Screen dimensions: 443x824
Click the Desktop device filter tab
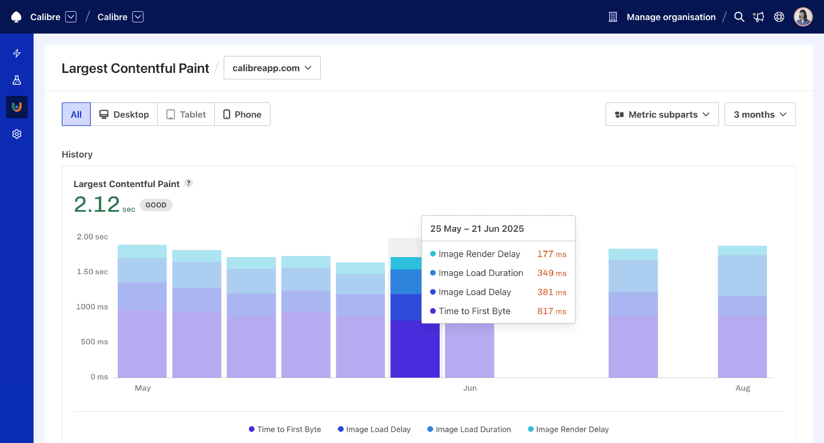tap(124, 115)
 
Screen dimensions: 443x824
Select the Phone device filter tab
tap(242, 115)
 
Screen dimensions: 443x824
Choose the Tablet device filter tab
tap(186, 115)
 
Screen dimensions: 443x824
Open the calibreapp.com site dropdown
tap(272, 68)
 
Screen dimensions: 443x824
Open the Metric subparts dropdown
tap(662, 115)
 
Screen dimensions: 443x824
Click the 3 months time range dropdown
tap(759, 115)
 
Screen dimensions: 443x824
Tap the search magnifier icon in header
tap(739, 17)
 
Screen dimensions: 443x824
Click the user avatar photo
tap(803, 17)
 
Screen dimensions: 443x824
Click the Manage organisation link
tap(670, 17)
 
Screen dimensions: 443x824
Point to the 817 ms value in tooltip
tap(551, 311)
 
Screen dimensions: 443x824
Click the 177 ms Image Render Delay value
tap(551, 254)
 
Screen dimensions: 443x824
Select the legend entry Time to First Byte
tap(285, 429)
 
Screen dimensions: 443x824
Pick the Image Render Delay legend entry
tap(567, 429)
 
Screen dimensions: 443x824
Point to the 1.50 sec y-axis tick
tap(92, 272)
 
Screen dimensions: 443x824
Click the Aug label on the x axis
tap(743, 388)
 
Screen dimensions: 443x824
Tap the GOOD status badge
tap(156, 205)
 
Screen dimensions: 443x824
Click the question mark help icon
tap(188, 183)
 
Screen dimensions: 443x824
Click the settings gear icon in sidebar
tap(17, 134)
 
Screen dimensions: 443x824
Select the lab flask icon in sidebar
tap(17, 80)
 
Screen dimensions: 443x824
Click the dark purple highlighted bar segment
tap(415, 349)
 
